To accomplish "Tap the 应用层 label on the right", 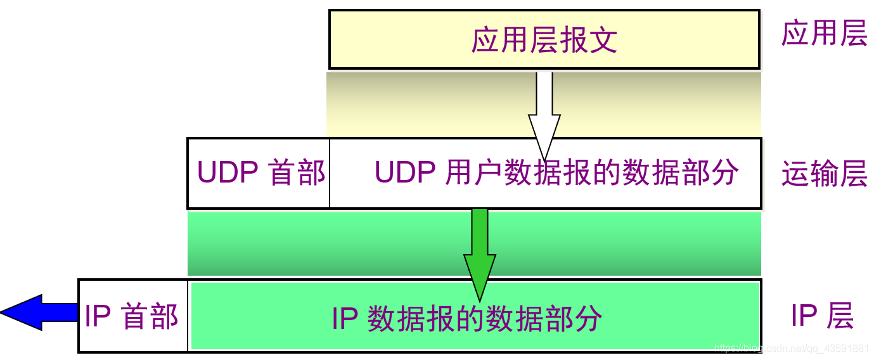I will [824, 34].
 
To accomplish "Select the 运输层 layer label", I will [824, 174].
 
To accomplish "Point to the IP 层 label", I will [822, 315].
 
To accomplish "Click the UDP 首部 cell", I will [260, 172].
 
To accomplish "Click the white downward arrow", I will [544, 114].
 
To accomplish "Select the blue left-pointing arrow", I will [38, 312].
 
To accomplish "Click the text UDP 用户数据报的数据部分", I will [556, 172].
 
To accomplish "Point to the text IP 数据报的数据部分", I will [467, 318].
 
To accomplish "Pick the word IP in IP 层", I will [803, 315].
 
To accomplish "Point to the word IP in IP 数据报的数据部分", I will [345, 318].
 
